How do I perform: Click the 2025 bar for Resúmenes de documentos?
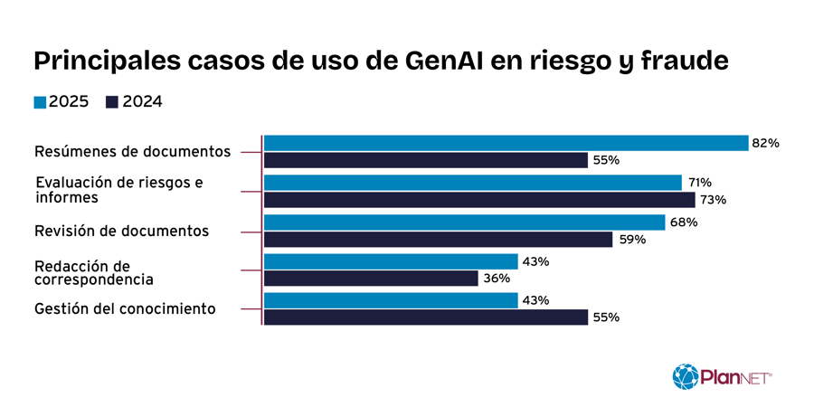[506, 143]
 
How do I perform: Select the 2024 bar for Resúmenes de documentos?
[425, 160]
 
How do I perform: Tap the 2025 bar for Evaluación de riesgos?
[472, 183]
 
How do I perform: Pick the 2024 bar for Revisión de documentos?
[438, 240]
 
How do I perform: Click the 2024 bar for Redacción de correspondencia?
[371, 279]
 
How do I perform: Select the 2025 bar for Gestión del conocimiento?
[391, 300]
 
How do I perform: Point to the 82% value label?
[765, 143]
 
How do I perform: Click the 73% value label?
[714, 200]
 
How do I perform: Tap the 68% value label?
[683, 222]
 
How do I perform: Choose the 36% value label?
[497, 279]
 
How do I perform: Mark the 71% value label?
[699, 183]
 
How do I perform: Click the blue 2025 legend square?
[40, 102]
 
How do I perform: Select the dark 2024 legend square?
[112, 102]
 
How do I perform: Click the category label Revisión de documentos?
[121, 232]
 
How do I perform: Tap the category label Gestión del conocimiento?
[125, 309]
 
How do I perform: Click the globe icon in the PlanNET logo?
[685, 376]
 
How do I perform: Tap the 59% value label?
[631, 240]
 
